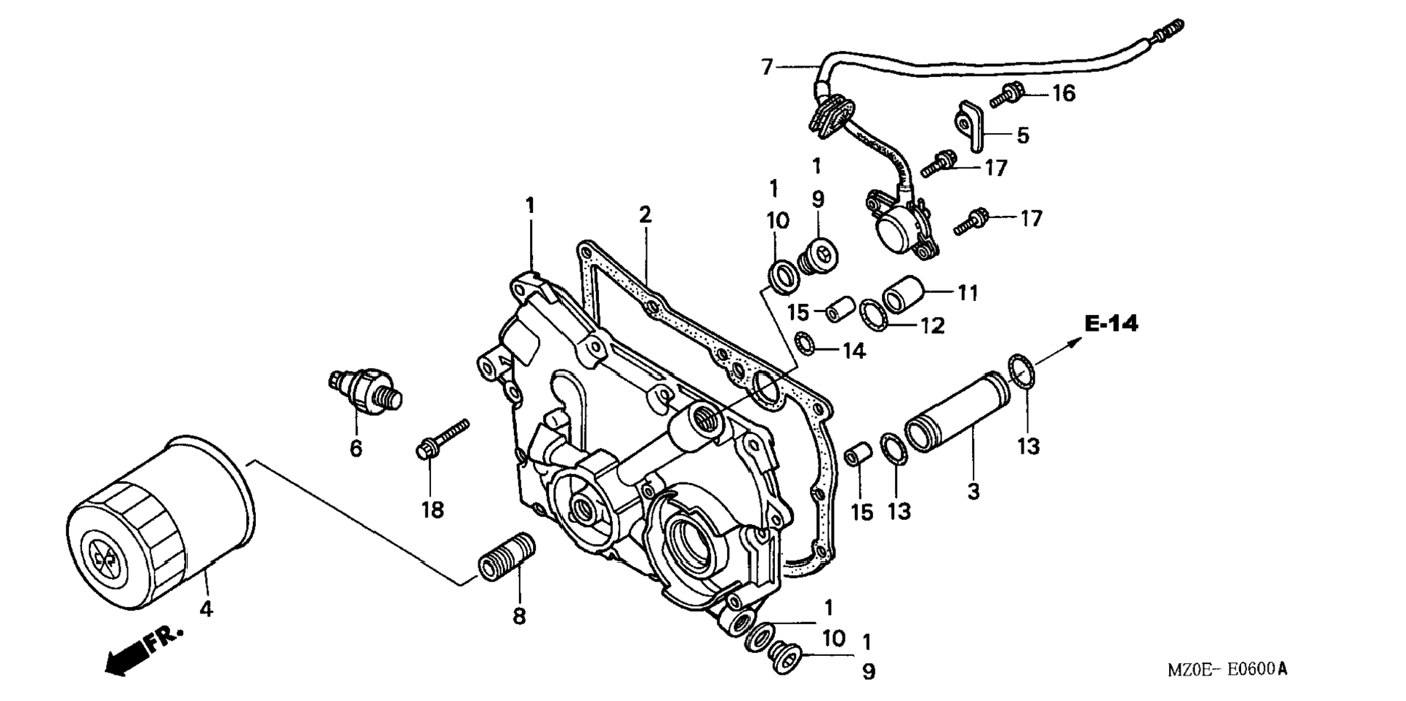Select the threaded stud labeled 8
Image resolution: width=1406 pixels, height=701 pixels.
[x=507, y=556]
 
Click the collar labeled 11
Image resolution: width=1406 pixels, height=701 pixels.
[x=901, y=292]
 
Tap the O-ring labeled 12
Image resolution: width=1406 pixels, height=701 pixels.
[x=871, y=313]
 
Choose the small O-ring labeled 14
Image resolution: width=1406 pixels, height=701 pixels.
[x=805, y=343]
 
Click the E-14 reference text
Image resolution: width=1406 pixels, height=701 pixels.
[x=1111, y=324]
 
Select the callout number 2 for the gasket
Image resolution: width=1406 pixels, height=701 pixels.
[x=644, y=215]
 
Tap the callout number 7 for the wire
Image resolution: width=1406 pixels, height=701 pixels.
[x=767, y=68]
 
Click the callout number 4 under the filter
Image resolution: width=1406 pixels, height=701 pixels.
[x=206, y=609]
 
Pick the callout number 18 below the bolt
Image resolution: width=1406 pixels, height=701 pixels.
[x=433, y=510]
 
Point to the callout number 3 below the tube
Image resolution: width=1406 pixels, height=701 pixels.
[x=973, y=492]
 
